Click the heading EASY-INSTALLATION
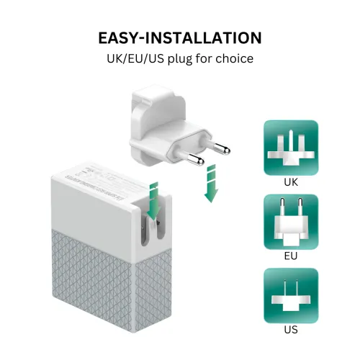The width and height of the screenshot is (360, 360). [179, 37]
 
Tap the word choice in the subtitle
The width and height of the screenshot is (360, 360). [233, 58]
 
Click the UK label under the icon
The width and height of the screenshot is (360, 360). [290, 183]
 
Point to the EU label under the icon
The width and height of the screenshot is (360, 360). [290, 256]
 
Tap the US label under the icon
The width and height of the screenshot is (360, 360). [290, 330]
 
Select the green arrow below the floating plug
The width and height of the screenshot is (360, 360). [210, 184]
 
